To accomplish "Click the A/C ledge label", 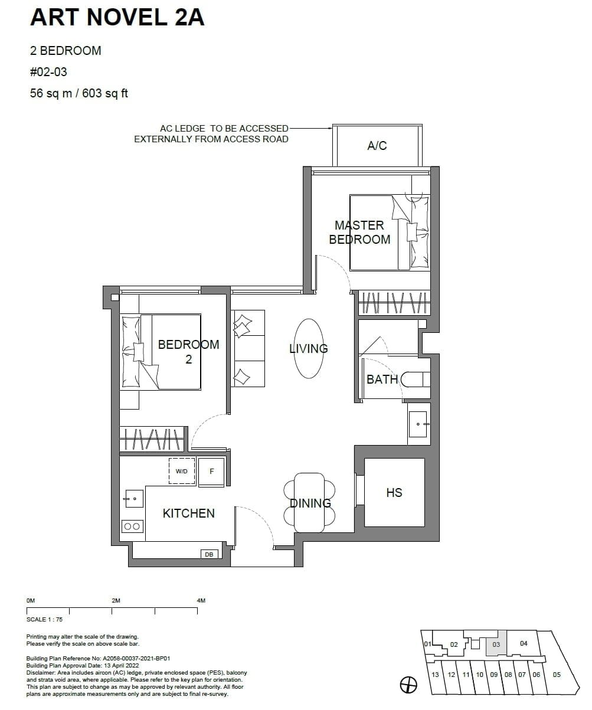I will pos(377,146).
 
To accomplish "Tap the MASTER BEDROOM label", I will pos(359,232).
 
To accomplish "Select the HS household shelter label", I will pos(394,492).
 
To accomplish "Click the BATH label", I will pos(382,379).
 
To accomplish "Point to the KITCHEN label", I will pos(188,513).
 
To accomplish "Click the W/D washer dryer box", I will pos(182,471).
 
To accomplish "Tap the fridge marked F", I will pos(211,472).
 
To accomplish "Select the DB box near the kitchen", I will pos(208,554).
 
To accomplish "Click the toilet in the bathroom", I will pos(416,379).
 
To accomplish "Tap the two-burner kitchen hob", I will pos(133,526).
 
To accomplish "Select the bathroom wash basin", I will pos(420,424).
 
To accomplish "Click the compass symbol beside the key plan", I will pos(408,685).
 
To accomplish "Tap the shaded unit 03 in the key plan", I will pos(496,644).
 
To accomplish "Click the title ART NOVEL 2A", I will pos(117,18).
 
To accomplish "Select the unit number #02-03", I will pos(48,72).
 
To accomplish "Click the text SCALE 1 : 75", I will pos(44,620).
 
